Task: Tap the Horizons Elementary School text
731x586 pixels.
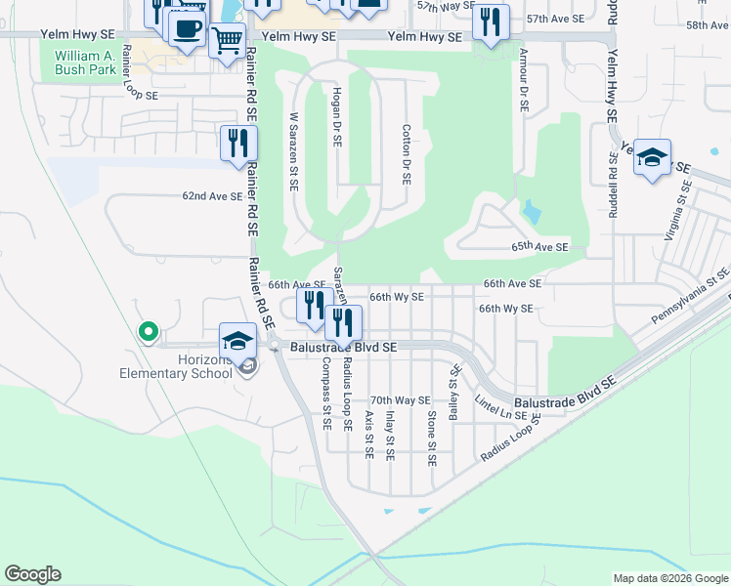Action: pyautogui.click(x=175, y=366)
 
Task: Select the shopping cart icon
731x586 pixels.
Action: pyautogui.click(x=227, y=41)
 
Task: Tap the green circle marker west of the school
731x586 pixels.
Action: pyautogui.click(x=149, y=333)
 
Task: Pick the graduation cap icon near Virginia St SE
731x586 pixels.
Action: pyautogui.click(x=652, y=157)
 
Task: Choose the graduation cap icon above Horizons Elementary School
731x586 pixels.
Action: pyautogui.click(x=236, y=341)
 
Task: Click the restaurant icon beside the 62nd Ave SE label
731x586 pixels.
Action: pyautogui.click(x=239, y=144)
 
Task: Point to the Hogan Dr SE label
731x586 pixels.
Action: pyautogui.click(x=335, y=116)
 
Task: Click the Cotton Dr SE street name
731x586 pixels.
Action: pyautogui.click(x=406, y=154)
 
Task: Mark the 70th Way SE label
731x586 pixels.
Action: pyautogui.click(x=401, y=400)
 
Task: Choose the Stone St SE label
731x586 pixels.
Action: pyautogui.click(x=431, y=437)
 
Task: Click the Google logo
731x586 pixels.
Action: pyautogui.click(x=32, y=574)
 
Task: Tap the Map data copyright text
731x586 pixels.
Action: pyautogui.click(x=669, y=578)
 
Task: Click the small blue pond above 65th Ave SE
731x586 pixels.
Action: pyautogui.click(x=531, y=210)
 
